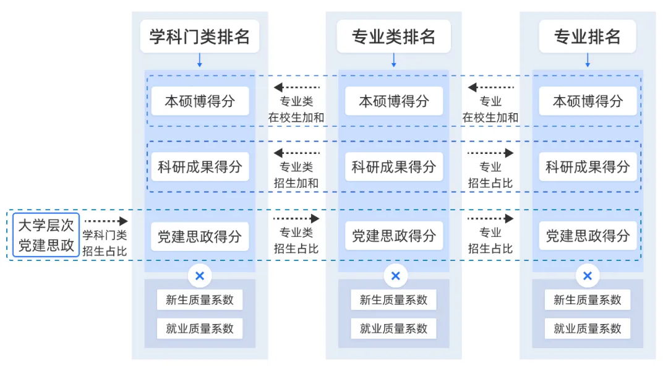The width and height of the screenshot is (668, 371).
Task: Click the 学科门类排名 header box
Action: (x=200, y=36)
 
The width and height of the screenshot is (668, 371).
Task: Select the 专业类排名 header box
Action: (x=393, y=36)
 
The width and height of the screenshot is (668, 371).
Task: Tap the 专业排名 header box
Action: (x=587, y=36)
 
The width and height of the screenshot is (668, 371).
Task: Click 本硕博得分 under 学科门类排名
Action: (x=200, y=101)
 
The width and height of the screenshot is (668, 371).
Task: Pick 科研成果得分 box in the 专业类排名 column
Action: (x=393, y=166)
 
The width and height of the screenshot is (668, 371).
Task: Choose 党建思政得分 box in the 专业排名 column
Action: (x=587, y=236)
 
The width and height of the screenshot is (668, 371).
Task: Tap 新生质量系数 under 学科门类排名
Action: (x=200, y=300)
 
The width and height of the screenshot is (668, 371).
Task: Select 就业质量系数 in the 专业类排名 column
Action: (x=393, y=328)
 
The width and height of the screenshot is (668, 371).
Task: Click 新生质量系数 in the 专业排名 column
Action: (x=587, y=300)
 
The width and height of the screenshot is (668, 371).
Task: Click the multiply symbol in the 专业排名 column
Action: (x=588, y=276)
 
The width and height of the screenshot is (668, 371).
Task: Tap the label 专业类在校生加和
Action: (x=296, y=109)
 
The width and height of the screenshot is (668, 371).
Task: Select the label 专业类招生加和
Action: (x=296, y=175)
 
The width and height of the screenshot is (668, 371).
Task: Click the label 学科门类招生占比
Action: (x=105, y=243)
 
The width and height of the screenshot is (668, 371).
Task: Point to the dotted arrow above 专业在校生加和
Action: (x=490, y=87)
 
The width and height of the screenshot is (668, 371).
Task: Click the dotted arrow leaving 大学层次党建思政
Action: (x=105, y=221)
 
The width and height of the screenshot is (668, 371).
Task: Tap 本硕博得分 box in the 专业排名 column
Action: (x=587, y=101)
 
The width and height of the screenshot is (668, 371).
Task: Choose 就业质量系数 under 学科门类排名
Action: (x=200, y=328)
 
